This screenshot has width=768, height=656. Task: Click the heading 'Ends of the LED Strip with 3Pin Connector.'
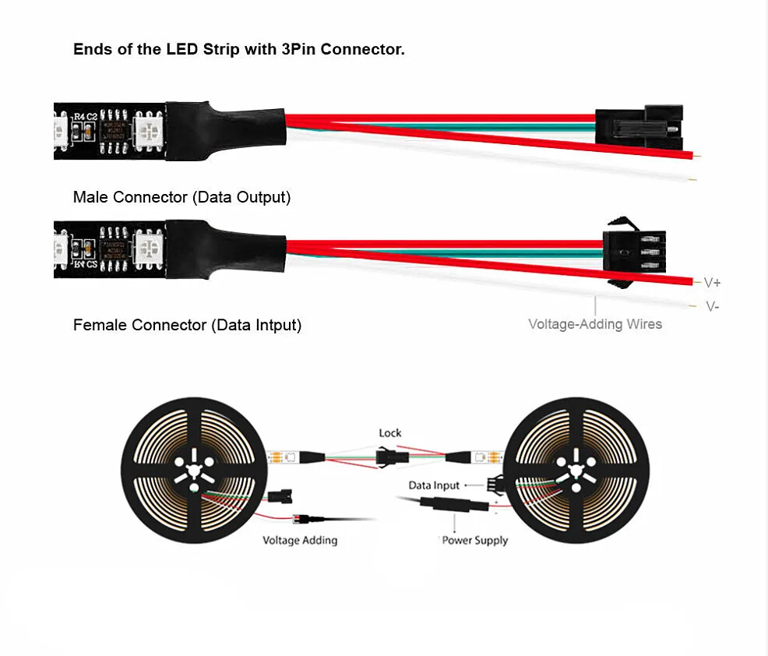[x=238, y=50]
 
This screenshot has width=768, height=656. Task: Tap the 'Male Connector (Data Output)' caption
[x=181, y=197]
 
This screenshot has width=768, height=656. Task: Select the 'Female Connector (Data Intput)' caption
[x=187, y=325]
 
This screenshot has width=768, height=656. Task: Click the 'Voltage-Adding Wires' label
[x=595, y=324]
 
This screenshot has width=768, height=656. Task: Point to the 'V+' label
[x=712, y=282]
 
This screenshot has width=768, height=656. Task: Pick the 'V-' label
[x=712, y=306]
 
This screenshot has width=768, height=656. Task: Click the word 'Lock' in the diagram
[x=390, y=433]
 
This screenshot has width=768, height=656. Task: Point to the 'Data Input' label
[x=434, y=485]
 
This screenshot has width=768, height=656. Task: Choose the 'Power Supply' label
[x=474, y=540]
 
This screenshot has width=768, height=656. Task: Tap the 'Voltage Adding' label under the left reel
[x=300, y=540]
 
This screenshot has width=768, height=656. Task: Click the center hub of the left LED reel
[x=189, y=471]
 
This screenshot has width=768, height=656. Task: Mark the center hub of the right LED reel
[x=576, y=471]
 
